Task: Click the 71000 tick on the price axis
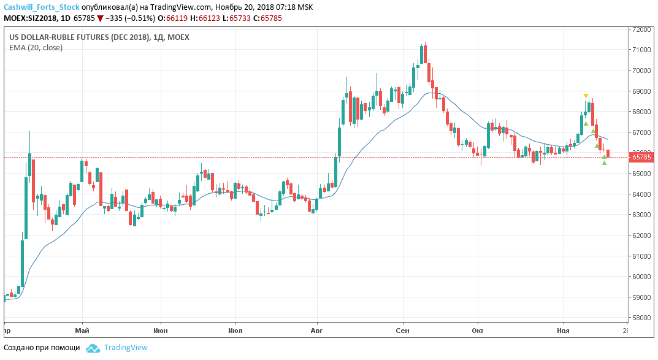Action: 641,50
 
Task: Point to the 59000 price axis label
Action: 641,297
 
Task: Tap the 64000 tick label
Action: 641,194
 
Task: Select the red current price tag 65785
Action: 641,157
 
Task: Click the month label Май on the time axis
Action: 82,330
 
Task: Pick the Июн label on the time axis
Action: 161,330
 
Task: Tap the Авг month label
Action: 317,330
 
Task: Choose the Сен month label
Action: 402,330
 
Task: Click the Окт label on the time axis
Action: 478,330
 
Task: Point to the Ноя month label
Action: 562,330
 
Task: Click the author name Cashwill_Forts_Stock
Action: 42,7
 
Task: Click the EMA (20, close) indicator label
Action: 36,47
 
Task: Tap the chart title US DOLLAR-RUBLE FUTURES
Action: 79,37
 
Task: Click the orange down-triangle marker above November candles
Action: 586,96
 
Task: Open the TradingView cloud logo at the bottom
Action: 93,348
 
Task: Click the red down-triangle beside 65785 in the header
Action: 100,18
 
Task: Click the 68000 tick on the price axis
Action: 641,112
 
